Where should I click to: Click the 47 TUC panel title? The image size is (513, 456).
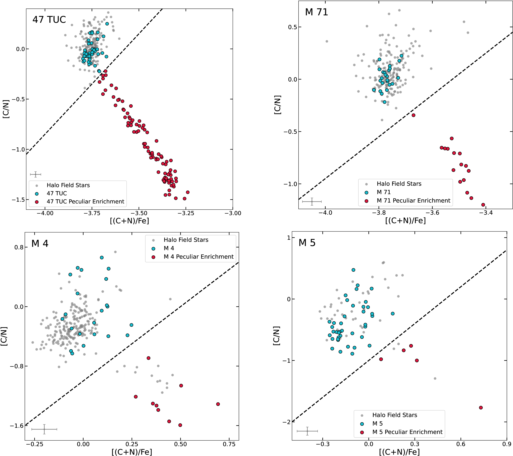tap(49, 20)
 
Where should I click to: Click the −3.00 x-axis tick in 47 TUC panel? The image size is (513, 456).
tap(233, 213)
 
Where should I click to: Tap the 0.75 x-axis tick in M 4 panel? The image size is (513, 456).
tap(229, 444)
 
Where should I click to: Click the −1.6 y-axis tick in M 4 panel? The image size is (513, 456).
tap(17, 426)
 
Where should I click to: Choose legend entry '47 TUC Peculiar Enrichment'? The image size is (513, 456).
tap(85, 201)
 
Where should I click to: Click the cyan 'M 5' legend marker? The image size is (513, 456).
tap(362, 424)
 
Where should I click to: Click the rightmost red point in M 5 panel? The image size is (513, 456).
tap(481, 408)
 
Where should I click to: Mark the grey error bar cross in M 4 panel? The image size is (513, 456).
tap(44, 429)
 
